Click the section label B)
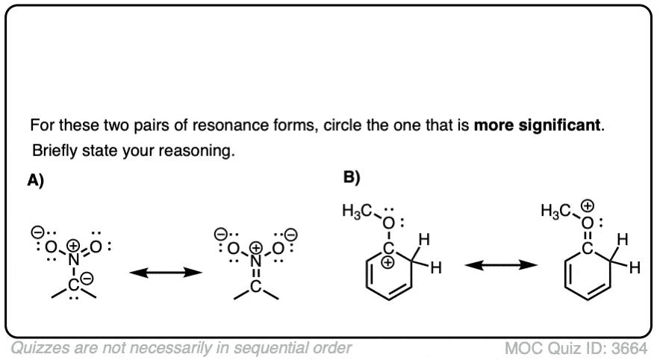pos(352,178)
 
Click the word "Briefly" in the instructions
pos(55,149)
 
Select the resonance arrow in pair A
pos(166,273)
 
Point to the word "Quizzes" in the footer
pos(38,347)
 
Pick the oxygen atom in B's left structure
pos(387,223)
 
